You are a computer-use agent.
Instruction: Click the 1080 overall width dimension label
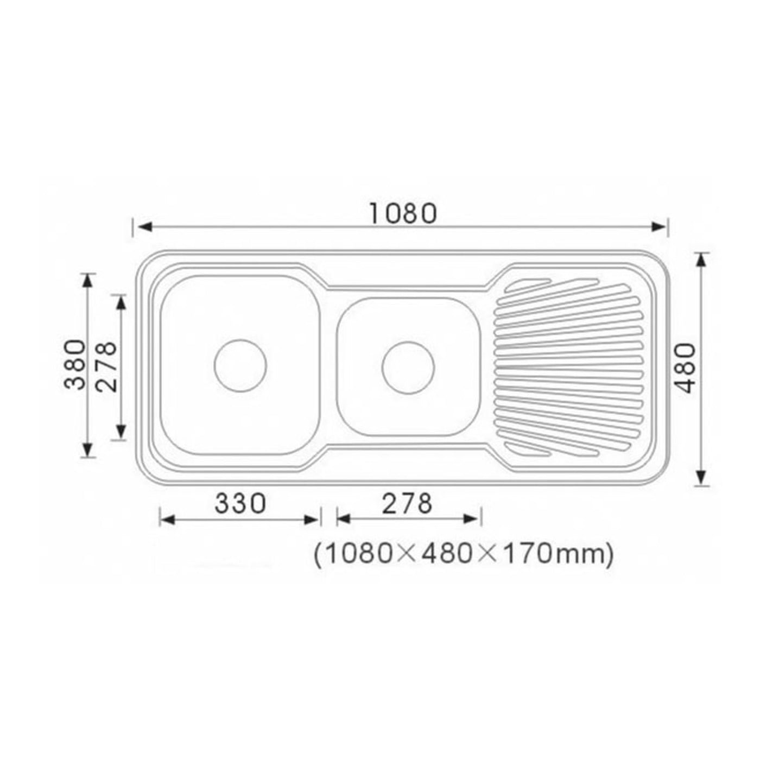pyautogui.click(x=403, y=213)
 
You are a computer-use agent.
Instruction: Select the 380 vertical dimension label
pyautogui.click(x=74, y=365)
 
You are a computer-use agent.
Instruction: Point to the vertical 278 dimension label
pyautogui.click(x=106, y=366)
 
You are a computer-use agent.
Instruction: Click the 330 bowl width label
pyautogui.click(x=240, y=504)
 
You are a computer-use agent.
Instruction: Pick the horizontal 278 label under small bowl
pyautogui.click(x=407, y=504)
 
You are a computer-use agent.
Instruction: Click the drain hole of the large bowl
pyautogui.click(x=240, y=365)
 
